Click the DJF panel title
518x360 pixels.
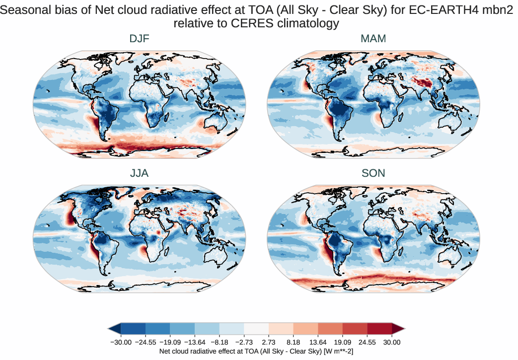coord(139,39)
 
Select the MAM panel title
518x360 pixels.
coord(373,39)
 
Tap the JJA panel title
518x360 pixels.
coord(139,173)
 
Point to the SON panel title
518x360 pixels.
coord(373,173)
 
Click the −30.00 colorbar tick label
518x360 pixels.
coord(121,342)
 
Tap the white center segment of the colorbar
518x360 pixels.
coord(256,328)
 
